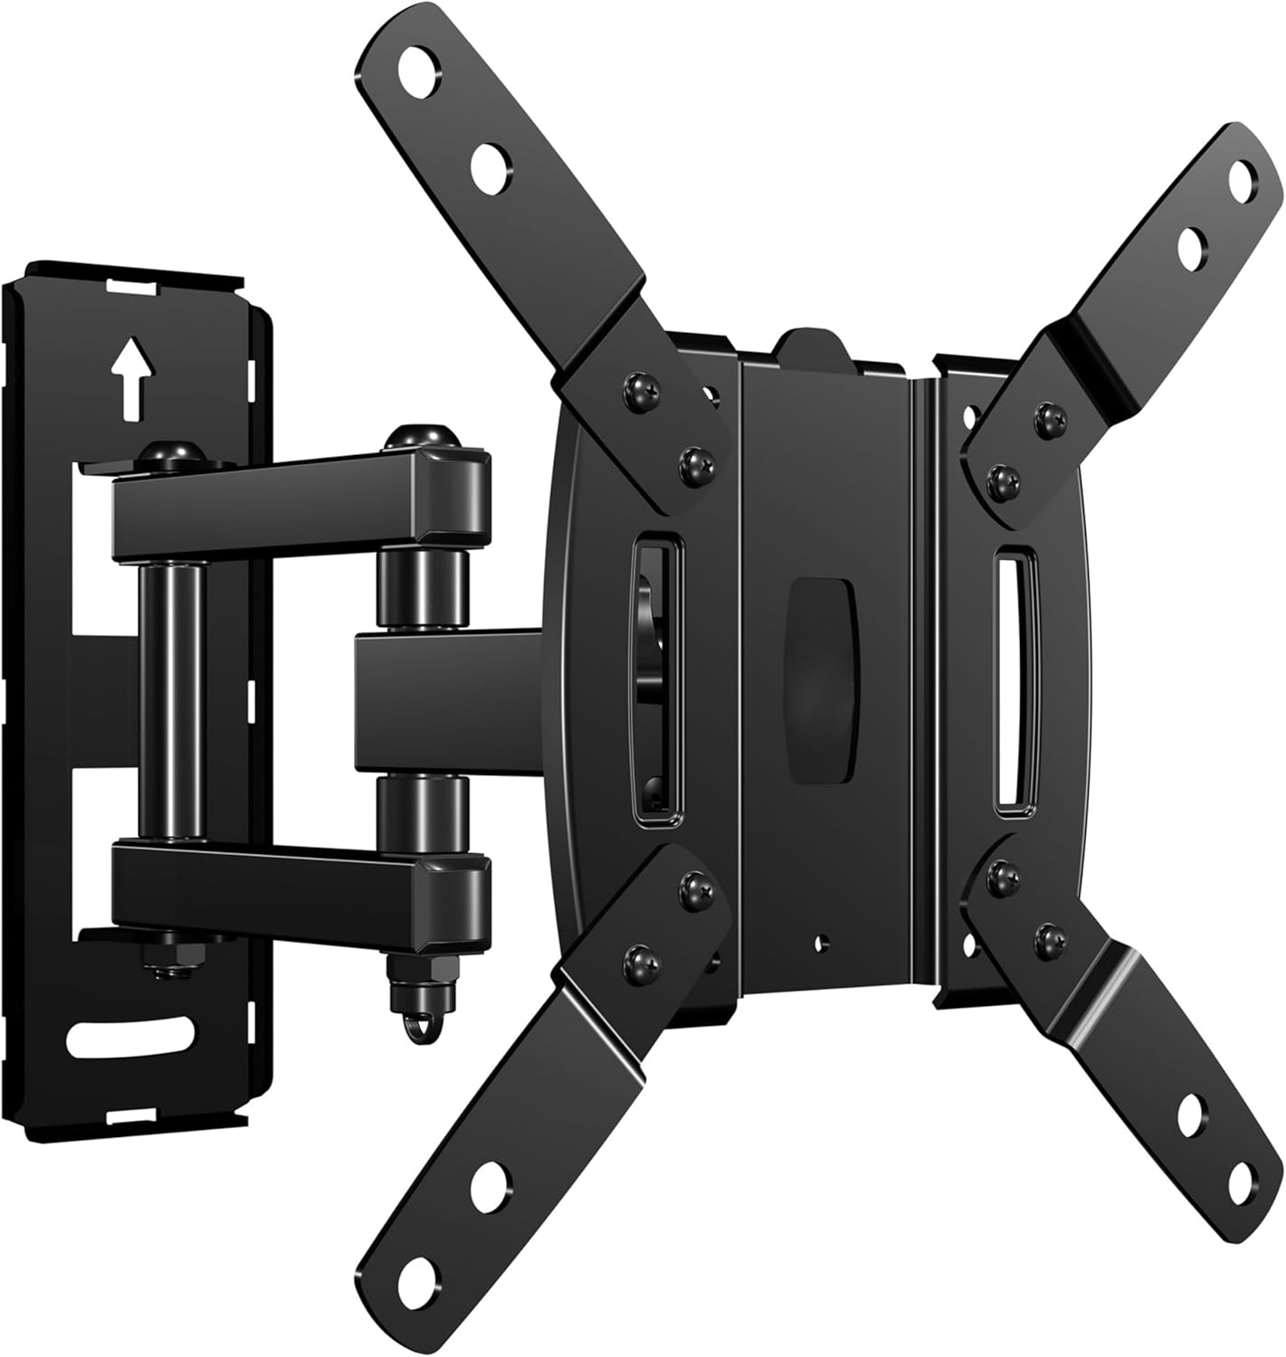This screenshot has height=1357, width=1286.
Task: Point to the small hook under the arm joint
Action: (418, 1028)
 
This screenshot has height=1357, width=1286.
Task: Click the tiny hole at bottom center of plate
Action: (820, 944)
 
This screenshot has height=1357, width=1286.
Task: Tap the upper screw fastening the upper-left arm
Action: (636, 389)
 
